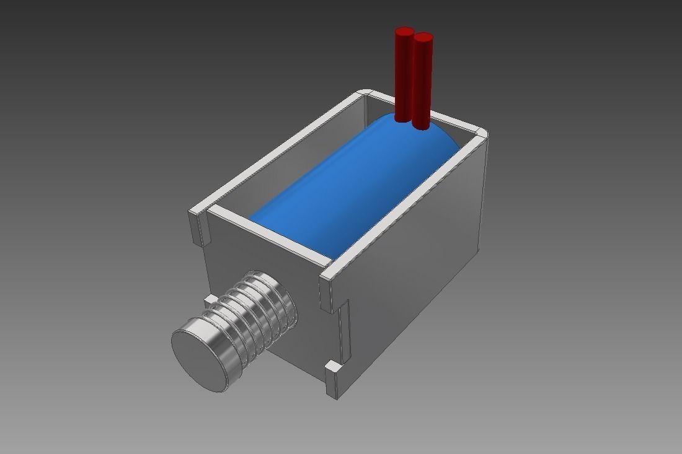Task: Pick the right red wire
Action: pos(422,81)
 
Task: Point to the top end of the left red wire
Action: pos(404,32)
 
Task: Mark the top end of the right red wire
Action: pos(423,38)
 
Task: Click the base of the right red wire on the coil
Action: pos(421,125)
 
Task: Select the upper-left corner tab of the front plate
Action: pos(200,226)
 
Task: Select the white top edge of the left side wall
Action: pos(279,155)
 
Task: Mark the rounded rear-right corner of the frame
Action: pos(481,133)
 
